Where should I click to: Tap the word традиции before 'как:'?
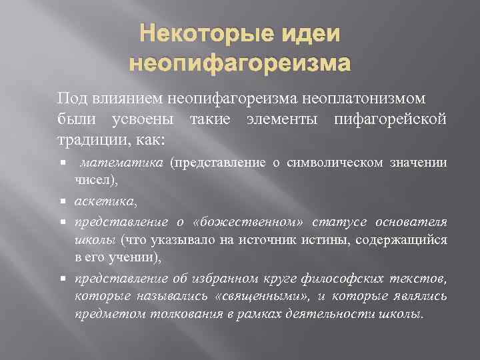pos(89,141)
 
